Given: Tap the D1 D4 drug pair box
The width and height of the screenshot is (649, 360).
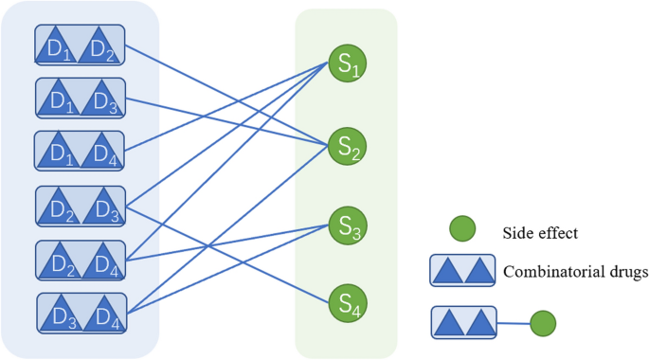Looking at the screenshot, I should pos(81,151).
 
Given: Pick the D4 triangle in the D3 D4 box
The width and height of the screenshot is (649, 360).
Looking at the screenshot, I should pos(103,315).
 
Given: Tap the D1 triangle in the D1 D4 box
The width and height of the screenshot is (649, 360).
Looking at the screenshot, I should pos(61,152).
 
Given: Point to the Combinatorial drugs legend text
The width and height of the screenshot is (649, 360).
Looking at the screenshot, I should pos(576,272).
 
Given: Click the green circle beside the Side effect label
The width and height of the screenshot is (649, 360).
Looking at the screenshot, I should pos(461,229).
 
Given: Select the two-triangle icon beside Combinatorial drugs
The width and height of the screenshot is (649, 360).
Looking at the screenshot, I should pos(462,271).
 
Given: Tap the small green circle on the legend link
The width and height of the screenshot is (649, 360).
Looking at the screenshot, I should pos(542,323).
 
